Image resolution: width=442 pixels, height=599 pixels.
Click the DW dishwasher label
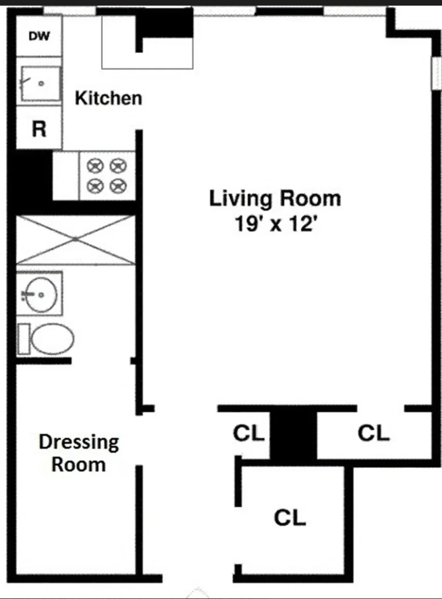click(x=39, y=36)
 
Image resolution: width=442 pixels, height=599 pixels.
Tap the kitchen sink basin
click(x=40, y=84)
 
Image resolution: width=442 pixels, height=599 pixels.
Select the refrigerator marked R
click(x=39, y=129)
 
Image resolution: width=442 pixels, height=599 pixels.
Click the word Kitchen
click(x=109, y=98)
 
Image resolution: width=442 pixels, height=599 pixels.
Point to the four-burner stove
click(x=107, y=176)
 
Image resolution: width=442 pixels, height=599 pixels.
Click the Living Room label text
click(x=275, y=198)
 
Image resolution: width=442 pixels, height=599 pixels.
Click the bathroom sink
click(x=41, y=295)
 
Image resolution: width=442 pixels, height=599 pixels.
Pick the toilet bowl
click(x=51, y=339)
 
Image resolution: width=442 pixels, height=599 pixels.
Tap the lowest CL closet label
click(x=290, y=517)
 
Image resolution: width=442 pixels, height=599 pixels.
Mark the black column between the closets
click(x=294, y=436)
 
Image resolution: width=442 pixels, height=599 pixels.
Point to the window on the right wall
click(x=436, y=73)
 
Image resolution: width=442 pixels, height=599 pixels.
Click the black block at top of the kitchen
click(x=167, y=22)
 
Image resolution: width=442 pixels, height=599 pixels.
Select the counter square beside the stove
click(x=66, y=176)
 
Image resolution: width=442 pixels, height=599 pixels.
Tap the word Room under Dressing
click(x=78, y=464)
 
